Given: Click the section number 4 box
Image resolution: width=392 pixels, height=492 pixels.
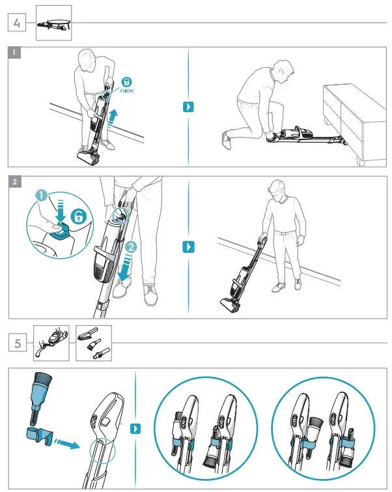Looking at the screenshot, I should click(x=17, y=23).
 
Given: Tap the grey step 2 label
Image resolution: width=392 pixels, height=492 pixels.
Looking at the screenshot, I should click(x=15, y=181).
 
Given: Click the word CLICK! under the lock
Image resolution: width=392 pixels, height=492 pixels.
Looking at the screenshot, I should click(x=128, y=92).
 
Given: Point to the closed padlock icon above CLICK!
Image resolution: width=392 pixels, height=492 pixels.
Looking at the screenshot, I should click(x=127, y=82).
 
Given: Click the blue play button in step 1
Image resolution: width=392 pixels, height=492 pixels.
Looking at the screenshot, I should click(x=189, y=107).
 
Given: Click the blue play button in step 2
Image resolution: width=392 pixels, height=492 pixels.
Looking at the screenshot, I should click(x=189, y=247).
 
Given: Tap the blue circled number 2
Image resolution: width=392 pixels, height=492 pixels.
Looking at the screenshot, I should click(x=132, y=248).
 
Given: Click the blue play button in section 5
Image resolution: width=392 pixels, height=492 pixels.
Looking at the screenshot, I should click(x=135, y=429).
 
